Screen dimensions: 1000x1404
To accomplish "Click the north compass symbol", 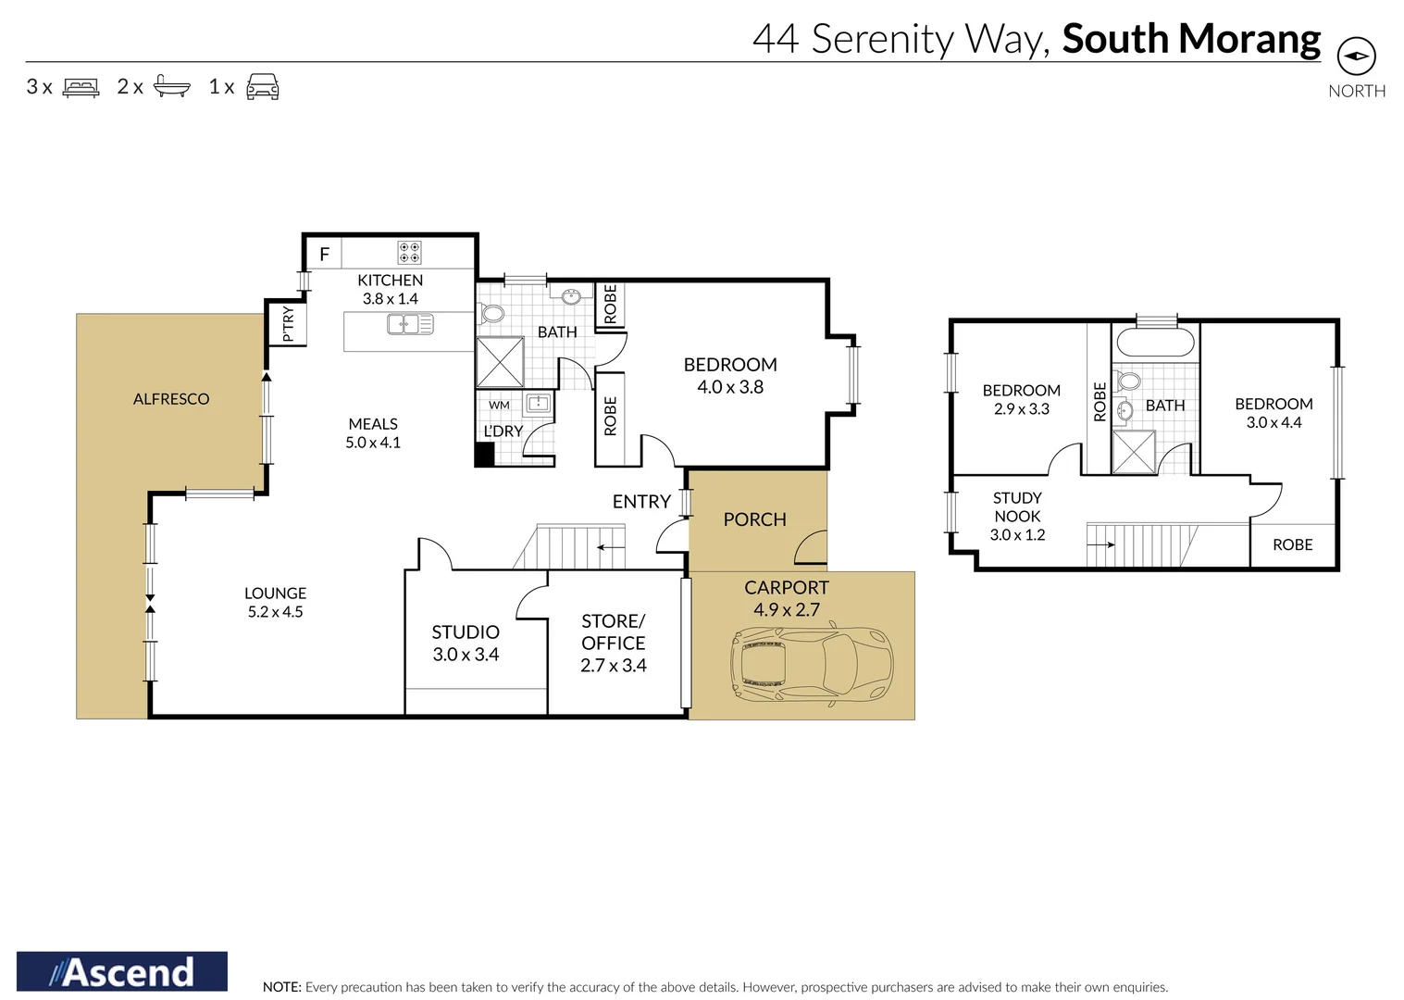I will tap(1356, 56).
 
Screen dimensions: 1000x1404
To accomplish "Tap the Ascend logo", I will tap(122, 971).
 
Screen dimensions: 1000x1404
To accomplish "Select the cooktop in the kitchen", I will tap(409, 252).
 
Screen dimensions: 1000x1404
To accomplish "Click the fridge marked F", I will tap(324, 253).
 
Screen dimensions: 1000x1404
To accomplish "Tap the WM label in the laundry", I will tap(499, 405).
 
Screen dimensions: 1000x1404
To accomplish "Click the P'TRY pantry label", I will tap(288, 324).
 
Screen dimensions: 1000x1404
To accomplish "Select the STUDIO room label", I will tap(466, 631).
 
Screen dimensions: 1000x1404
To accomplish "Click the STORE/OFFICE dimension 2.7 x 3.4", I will tap(613, 665).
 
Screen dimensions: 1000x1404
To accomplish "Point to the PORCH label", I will tap(754, 519).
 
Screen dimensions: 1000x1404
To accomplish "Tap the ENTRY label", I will tap(641, 501).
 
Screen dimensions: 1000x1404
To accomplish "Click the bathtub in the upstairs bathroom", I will tap(1155, 343).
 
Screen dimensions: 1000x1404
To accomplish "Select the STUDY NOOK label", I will tap(1017, 506).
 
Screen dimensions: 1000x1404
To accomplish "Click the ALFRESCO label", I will tap(171, 399).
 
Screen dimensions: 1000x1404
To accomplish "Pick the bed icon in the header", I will tap(81, 87).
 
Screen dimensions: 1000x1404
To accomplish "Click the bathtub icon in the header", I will tap(171, 86).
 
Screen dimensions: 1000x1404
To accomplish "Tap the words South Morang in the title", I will tap(1191, 39).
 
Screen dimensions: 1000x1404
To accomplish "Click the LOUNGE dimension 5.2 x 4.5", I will tap(275, 612).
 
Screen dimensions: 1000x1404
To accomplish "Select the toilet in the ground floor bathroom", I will tap(491, 313).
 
